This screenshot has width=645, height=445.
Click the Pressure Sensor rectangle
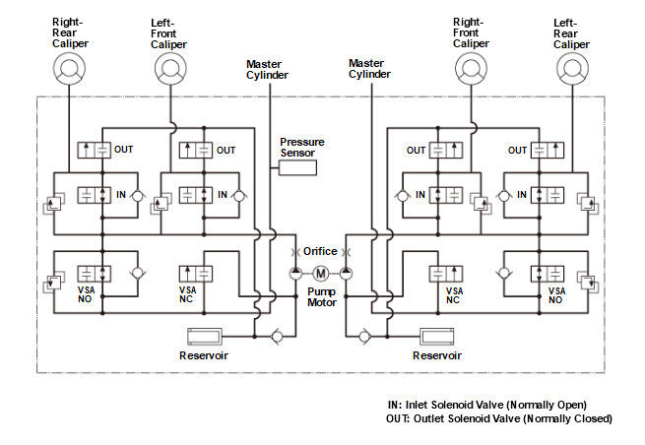[297, 167]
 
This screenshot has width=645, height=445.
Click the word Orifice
[320, 251]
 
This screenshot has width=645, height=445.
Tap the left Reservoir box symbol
[205, 337]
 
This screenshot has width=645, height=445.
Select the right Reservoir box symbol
[437, 337]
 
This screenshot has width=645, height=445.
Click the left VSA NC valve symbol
[196, 274]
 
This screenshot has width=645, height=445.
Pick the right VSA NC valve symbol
[446, 274]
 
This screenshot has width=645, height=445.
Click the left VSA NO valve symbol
[95, 274]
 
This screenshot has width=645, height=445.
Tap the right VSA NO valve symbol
[548, 274]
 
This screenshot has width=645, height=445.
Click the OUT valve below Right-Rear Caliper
[95, 150]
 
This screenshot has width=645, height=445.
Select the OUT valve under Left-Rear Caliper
[548, 150]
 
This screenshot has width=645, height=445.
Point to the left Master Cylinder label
[267, 70]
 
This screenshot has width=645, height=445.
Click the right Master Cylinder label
[369, 69]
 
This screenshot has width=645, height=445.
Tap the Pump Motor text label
[322, 297]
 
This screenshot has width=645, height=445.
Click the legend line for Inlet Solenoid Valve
[487, 405]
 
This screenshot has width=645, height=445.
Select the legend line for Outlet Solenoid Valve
[499, 418]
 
